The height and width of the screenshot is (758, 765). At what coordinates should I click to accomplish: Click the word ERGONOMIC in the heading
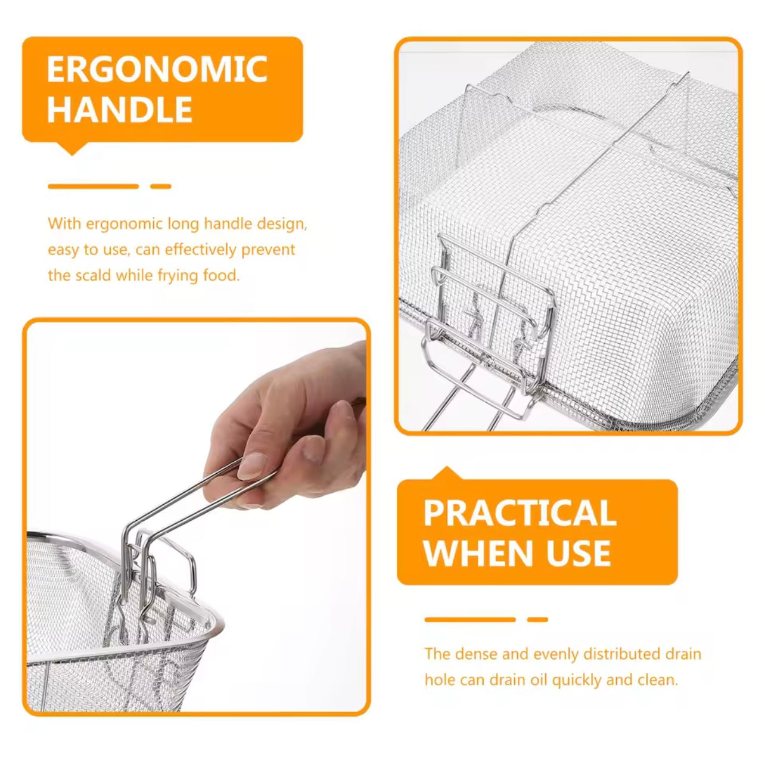click(x=157, y=69)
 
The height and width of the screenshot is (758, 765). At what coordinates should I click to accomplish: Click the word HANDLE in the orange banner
click(x=120, y=109)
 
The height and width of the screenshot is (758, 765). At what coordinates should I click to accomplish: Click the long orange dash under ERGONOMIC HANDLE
click(x=94, y=187)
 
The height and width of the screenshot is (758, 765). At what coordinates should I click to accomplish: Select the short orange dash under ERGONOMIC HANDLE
click(x=161, y=187)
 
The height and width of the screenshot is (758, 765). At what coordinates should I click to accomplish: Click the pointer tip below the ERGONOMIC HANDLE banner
click(x=72, y=154)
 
